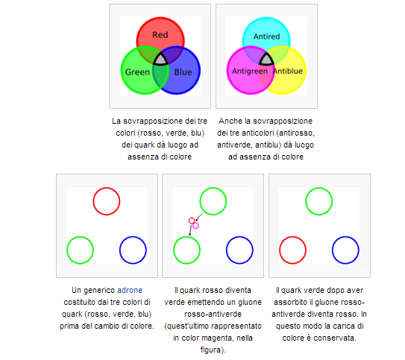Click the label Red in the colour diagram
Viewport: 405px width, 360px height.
(160, 34)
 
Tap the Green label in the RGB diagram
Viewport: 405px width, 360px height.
(137, 72)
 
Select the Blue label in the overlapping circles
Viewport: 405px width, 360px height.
(183, 72)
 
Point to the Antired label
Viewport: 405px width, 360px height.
(266, 37)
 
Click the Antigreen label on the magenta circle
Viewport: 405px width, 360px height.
(250, 71)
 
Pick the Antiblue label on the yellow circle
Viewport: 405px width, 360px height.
(288, 71)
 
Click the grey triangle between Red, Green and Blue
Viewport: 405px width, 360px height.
(160, 60)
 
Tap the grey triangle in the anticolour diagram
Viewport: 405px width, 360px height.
(266, 59)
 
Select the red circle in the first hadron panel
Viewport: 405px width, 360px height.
(107, 188)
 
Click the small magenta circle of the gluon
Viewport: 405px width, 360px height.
(195, 223)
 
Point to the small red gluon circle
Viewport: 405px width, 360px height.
(192, 218)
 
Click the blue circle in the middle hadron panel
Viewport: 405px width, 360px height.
(239, 236)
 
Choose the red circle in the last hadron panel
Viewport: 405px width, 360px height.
(292, 236)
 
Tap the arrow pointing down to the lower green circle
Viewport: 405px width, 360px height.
(191, 230)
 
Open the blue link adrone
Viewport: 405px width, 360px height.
(130, 290)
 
